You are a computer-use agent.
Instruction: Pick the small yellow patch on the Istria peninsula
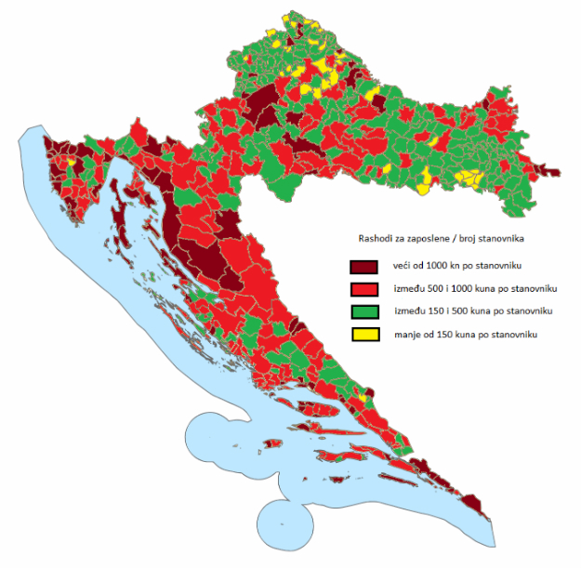pos(71,161)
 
